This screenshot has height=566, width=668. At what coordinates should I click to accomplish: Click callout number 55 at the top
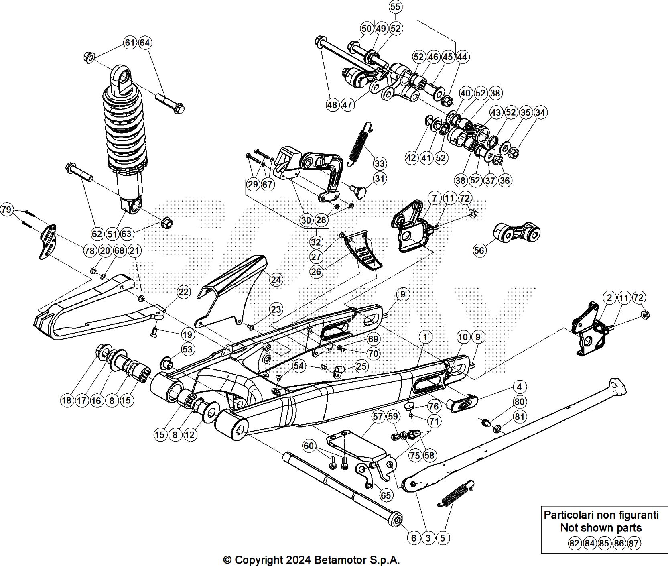coord(395,7)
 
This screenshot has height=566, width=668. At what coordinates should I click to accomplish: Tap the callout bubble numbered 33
coord(380,163)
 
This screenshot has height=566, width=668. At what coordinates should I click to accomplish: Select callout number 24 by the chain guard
coord(276,279)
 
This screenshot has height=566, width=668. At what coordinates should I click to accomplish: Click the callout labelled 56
coord(479,250)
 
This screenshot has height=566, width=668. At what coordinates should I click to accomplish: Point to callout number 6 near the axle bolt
coord(414,538)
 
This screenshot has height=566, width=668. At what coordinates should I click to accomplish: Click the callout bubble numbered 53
coord(187,349)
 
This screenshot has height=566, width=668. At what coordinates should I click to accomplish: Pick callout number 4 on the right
coord(520,387)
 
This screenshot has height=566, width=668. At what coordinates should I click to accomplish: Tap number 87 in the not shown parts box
coord(634,544)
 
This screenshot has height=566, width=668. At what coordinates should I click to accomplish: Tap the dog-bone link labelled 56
coord(518,233)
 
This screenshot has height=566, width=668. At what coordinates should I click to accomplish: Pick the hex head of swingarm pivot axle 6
coord(396,518)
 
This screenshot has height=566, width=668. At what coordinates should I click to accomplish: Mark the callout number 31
coord(380,178)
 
